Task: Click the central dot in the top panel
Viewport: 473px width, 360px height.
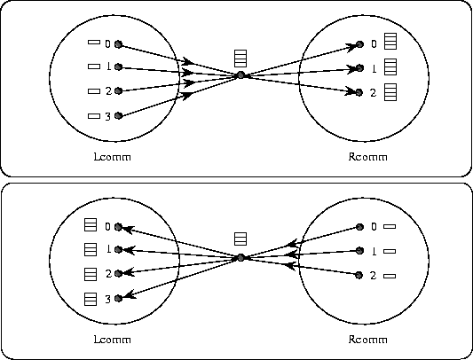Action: coord(240,75)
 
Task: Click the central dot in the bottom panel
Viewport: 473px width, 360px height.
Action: coord(240,258)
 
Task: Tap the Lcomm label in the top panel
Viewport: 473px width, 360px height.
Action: coord(112,157)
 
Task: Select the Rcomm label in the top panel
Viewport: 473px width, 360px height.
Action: coord(367,157)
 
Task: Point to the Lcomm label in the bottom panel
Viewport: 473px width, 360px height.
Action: coord(112,340)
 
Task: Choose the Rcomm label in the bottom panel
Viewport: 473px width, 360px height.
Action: coord(367,340)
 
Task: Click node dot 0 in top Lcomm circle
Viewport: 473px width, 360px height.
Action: coord(118,44)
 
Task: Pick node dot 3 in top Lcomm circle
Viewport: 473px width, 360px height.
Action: coord(118,115)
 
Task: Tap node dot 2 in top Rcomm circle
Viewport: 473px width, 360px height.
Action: coord(359,92)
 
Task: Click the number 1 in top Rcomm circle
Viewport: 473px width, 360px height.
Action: coord(374,69)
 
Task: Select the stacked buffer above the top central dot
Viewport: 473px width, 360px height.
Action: coord(240,59)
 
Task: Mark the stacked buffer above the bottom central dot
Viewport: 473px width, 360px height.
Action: coord(240,239)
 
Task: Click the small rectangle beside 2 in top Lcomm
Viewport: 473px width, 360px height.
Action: coord(94,91)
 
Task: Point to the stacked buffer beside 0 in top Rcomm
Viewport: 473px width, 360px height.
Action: coord(390,42)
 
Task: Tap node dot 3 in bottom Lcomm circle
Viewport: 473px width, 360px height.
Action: coord(118,298)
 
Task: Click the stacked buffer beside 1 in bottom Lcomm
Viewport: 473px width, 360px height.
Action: coord(91,249)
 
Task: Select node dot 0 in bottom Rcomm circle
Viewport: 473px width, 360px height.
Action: coord(359,227)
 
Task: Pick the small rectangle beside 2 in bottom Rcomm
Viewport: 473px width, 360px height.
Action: coord(390,276)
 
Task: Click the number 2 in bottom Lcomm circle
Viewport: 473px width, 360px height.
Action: coord(108,274)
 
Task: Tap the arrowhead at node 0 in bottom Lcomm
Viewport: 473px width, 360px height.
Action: coord(126,229)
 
